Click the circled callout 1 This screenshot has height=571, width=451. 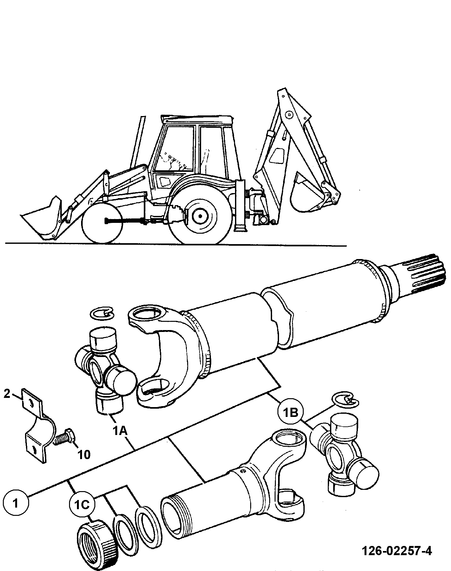[x=16, y=503]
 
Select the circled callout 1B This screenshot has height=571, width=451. [x=290, y=413]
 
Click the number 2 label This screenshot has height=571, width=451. [x=7, y=394]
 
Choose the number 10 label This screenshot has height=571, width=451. [x=83, y=455]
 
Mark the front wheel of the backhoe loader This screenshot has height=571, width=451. [x=102, y=224]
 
